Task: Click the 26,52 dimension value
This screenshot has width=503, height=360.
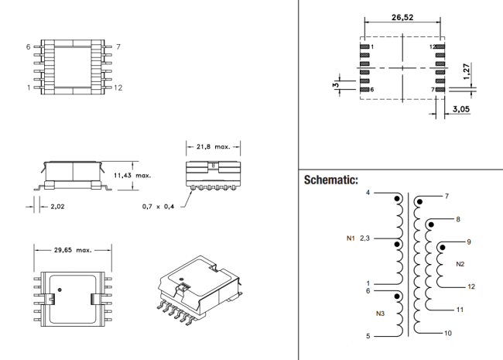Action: [402, 17]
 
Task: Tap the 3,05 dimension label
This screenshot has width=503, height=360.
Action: [461, 109]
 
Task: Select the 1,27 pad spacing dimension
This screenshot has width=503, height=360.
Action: [467, 71]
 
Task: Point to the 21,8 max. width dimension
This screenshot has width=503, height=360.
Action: [214, 146]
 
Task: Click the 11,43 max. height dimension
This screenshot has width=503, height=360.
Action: [132, 176]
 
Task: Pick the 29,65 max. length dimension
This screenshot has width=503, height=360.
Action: [73, 250]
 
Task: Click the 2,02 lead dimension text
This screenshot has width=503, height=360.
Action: [57, 207]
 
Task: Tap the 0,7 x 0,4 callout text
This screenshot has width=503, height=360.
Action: [158, 207]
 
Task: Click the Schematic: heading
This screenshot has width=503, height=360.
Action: [330, 180]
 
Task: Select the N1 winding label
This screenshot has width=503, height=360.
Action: [351, 238]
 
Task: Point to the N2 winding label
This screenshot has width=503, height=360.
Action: [460, 264]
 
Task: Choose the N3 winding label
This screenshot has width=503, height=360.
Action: [380, 314]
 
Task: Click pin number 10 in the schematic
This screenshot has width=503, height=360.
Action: [448, 333]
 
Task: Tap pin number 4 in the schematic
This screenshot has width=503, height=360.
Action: [368, 193]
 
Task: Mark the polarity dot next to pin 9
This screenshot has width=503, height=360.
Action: [443, 248]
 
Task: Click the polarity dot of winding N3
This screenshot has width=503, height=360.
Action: [397, 297]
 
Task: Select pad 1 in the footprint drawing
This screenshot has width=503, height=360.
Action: [364, 47]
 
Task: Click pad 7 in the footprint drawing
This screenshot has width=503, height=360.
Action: [440, 90]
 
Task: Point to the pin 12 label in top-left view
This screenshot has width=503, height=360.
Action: [118, 87]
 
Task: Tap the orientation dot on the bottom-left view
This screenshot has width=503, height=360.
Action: [60, 290]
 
